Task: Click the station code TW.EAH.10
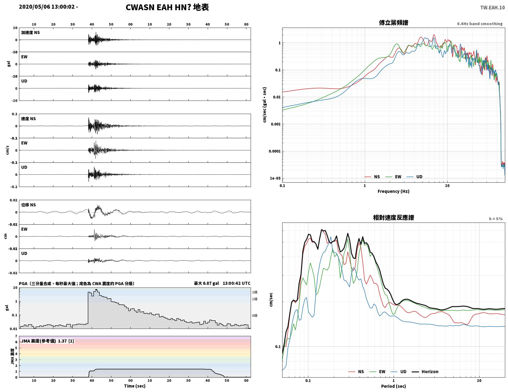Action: pyautogui.click(x=492, y=7)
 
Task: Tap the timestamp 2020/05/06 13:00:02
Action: pyautogui.click(x=47, y=6)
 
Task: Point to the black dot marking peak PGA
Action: pyautogui.click(x=96, y=290)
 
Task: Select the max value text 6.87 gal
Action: pyautogui.click(x=211, y=283)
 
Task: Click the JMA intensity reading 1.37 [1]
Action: pyautogui.click(x=66, y=341)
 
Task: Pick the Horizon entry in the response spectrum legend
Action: pyautogui.click(x=425, y=371)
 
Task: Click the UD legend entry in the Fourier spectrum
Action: pyautogui.click(x=414, y=177)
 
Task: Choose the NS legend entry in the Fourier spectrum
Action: pyautogui.click(x=372, y=177)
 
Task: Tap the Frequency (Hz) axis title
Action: pyautogui.click(x=394, y=191)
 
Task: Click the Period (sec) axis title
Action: pyautogui.click(x=394, y=386)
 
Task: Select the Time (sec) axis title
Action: pyautogui.click(x=135, y=386)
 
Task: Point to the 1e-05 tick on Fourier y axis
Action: pyautogui.click(x=275, y=178)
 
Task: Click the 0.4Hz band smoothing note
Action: pyautogui.click(x=480, y=24)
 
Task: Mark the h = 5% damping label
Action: pyautogui.click(x=496, y=219)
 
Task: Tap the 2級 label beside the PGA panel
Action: pyautogui.click(x=255, y=292)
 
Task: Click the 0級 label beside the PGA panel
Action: pyautogui.click(x=255, y=315)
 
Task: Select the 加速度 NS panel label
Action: pyautogui.click(x=30, y=32)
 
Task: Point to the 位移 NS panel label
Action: pyautogui.click(x=29, y=205)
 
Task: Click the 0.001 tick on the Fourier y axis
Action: pyautogui.click(x=275, y=124)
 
